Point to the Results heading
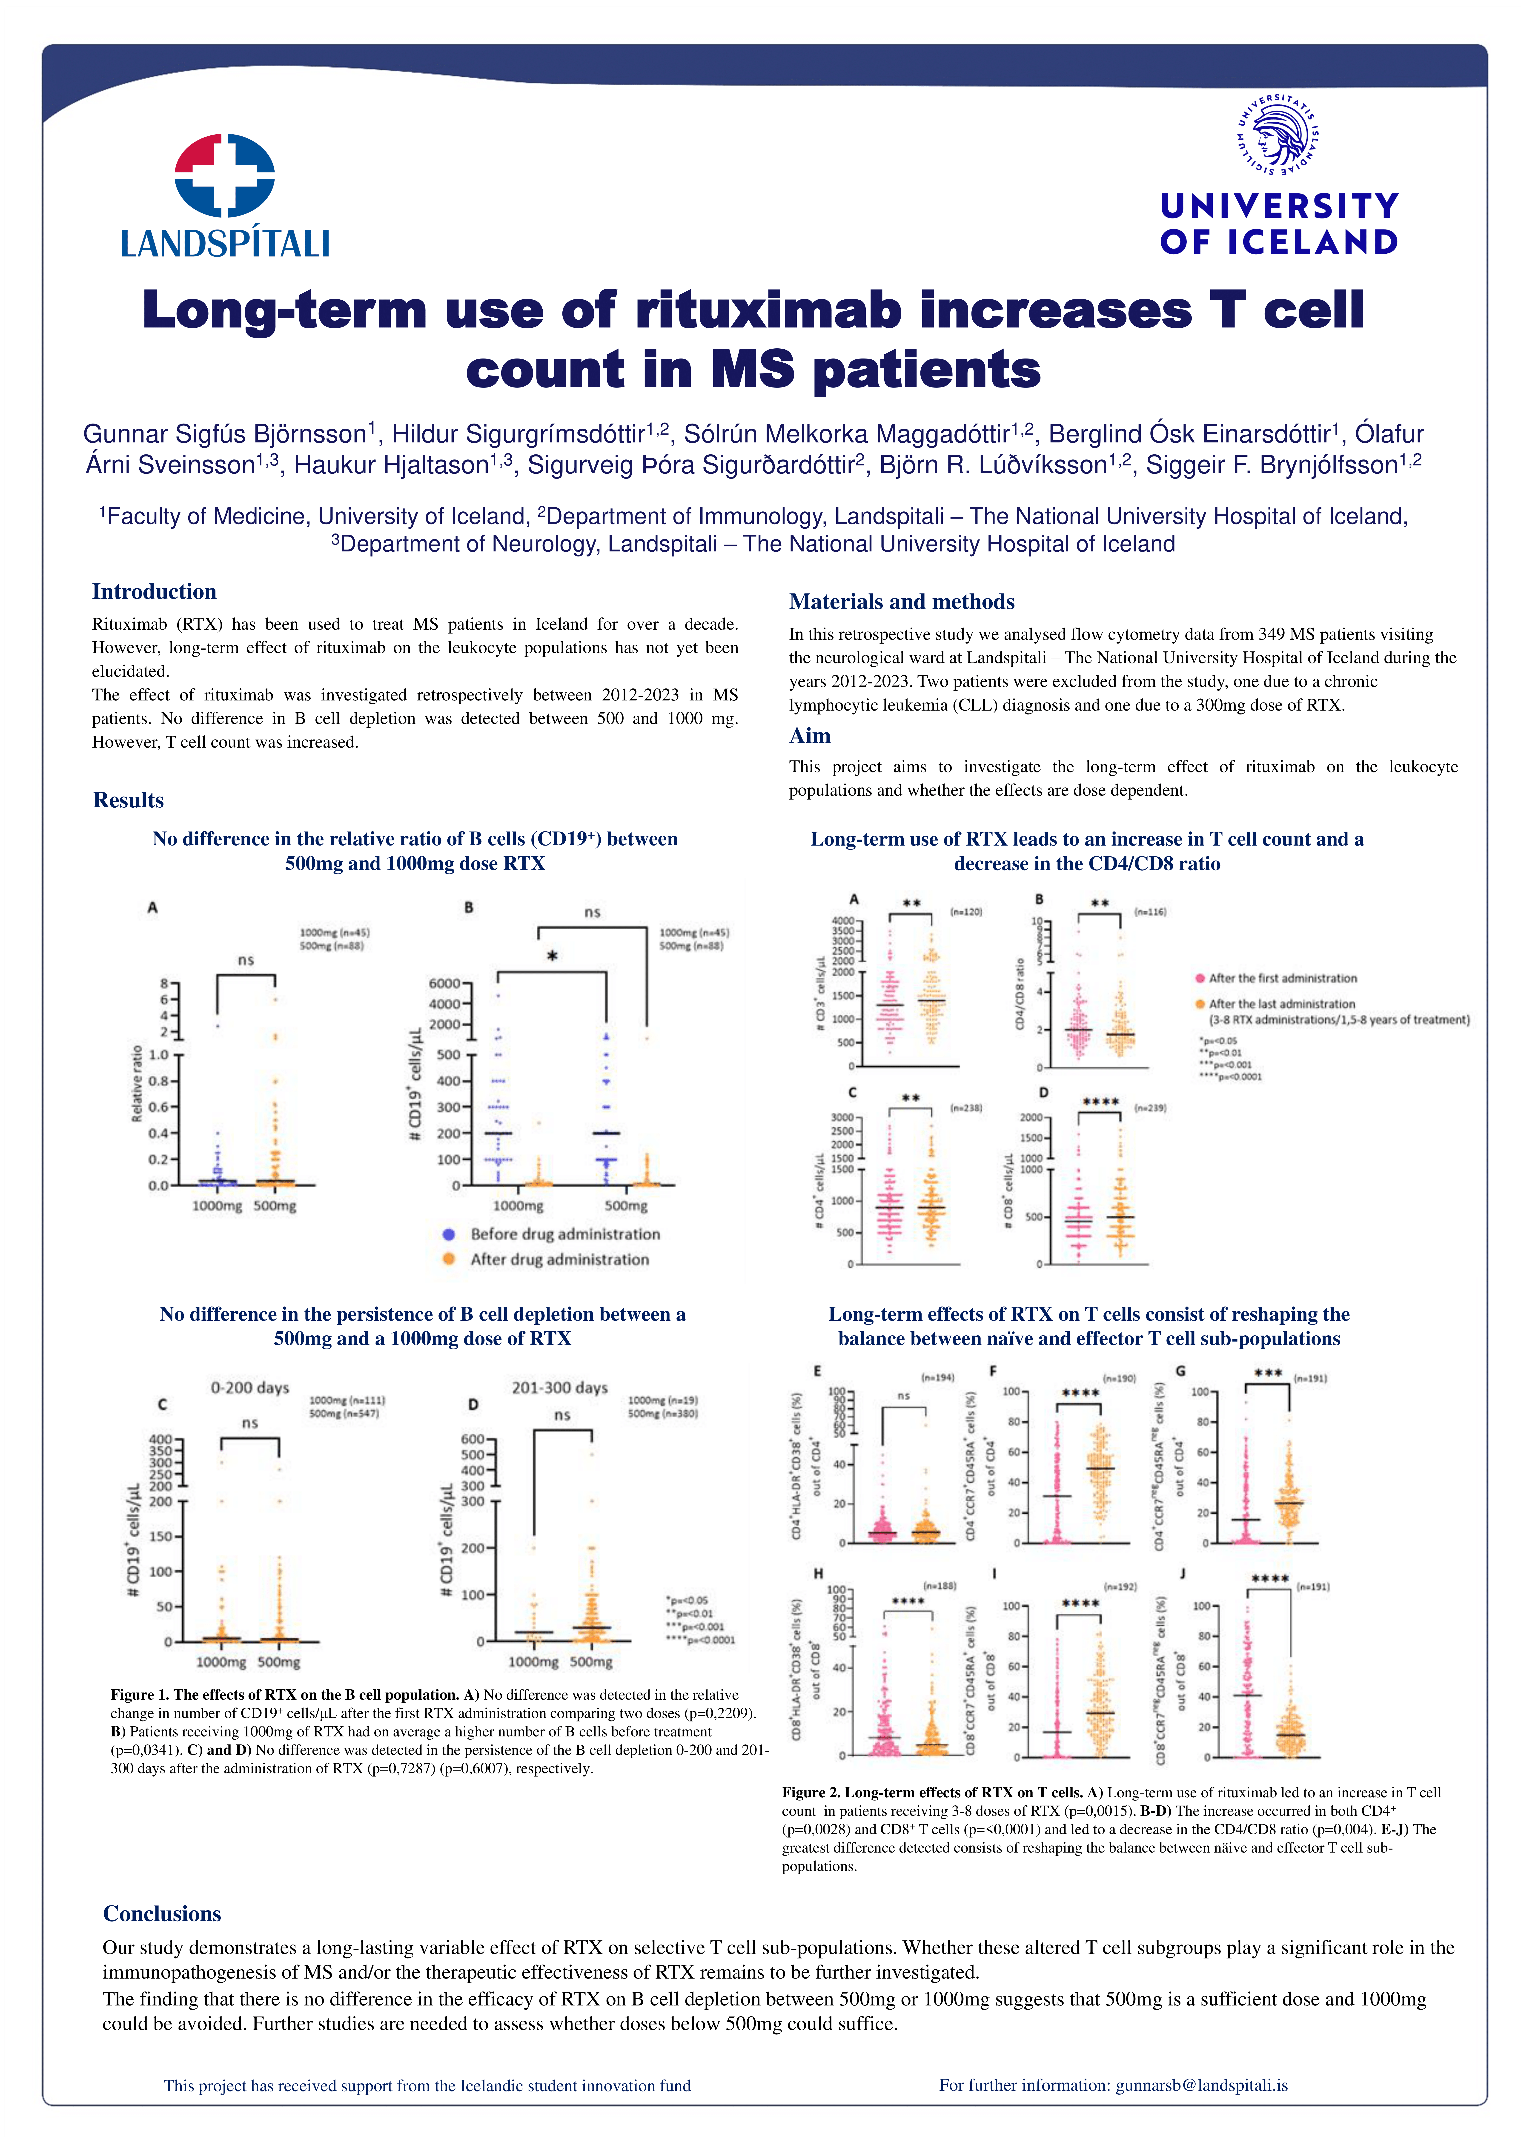click(x=128, y=801)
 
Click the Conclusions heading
click(x=162, y=1913)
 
